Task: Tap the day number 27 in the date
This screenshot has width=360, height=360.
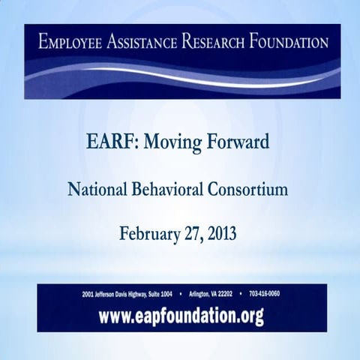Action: (192, 233)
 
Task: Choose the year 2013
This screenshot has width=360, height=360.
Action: (223, 233)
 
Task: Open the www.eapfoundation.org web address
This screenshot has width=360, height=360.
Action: (181, 316)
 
